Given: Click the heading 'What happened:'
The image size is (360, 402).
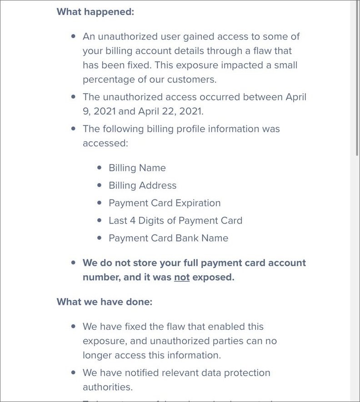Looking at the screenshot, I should pos(95,12).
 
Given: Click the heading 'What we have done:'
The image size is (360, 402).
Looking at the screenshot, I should pos(104,302).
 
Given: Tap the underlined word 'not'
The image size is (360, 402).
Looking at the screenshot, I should pos(182,277).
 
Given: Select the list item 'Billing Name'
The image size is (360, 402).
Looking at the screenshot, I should pos(137,168).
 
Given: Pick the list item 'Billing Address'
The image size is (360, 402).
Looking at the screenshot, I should pos(142,185).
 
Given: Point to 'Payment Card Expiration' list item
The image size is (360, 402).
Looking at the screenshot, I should pos(165,203).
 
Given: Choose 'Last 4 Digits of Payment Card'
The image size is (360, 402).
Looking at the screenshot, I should pos(175,221).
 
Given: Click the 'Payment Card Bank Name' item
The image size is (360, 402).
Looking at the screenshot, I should pos(168,238).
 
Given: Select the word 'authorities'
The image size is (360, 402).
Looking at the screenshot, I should pos(107,387).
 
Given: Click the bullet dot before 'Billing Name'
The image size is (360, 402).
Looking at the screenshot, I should pos(100,168).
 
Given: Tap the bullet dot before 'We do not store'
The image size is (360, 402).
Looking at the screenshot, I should pos(74,263).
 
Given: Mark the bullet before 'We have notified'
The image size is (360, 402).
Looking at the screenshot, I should pos(74,372).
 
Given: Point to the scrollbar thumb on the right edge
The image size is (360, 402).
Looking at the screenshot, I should pos(357,77).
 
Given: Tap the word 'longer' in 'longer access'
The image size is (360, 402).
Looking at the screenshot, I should pos(97,355).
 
